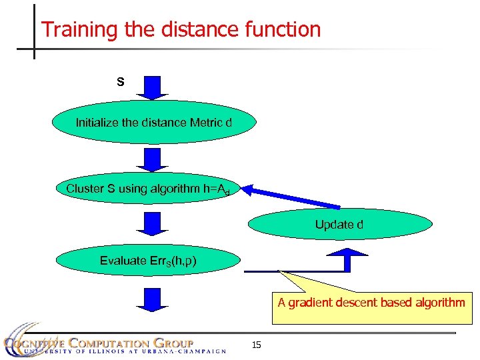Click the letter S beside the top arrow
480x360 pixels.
pyautogui.click(x=121, y=82)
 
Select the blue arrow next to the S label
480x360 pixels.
pyautogui.click(x=153, y=87)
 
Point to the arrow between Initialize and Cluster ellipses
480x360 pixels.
pyautogui.click(x=153, y=160)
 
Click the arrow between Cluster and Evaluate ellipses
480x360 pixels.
pyautogui.click(x=153, y=223)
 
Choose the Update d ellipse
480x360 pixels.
pyautogui.click(x=340, y=225)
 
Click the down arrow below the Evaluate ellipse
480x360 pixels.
pyautogui.click(x=153, y=299)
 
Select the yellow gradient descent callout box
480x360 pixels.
pyautogui.click(x=371, y=307)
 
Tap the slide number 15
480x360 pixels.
pyautogui.click(x=257, y=345)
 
